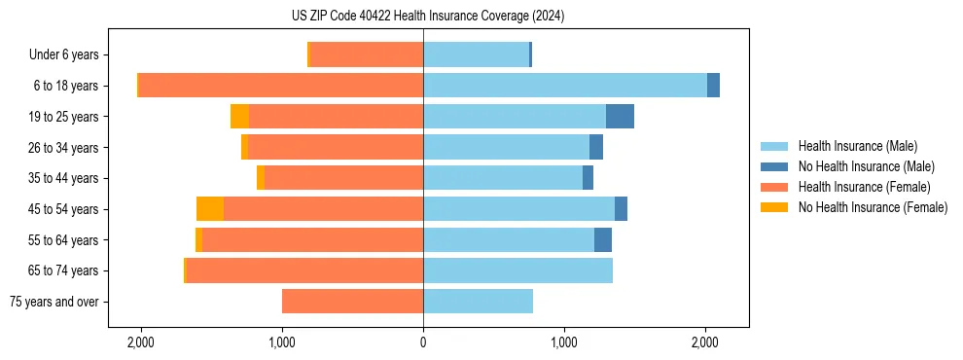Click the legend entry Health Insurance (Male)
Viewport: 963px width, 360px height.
click(856, 146)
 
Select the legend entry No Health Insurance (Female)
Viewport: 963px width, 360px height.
click(872, 207)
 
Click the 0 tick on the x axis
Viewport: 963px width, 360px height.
click(423, 343)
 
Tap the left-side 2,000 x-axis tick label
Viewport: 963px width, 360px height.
click(141, 343)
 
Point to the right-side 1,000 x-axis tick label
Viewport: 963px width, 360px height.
click(564, 343)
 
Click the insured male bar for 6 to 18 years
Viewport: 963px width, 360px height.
click(564, 86)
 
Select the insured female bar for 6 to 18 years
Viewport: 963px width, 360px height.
click(281, 86)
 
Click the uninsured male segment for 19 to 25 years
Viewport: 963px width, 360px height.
click(620, 117)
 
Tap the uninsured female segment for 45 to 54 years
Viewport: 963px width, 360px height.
click(210, 209)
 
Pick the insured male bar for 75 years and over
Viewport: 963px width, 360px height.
click(478, 302)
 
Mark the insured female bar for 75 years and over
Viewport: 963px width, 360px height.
click(352, 302)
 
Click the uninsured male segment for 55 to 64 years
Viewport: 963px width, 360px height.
click(603, 240)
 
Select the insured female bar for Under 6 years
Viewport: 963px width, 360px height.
click(367, 55)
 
